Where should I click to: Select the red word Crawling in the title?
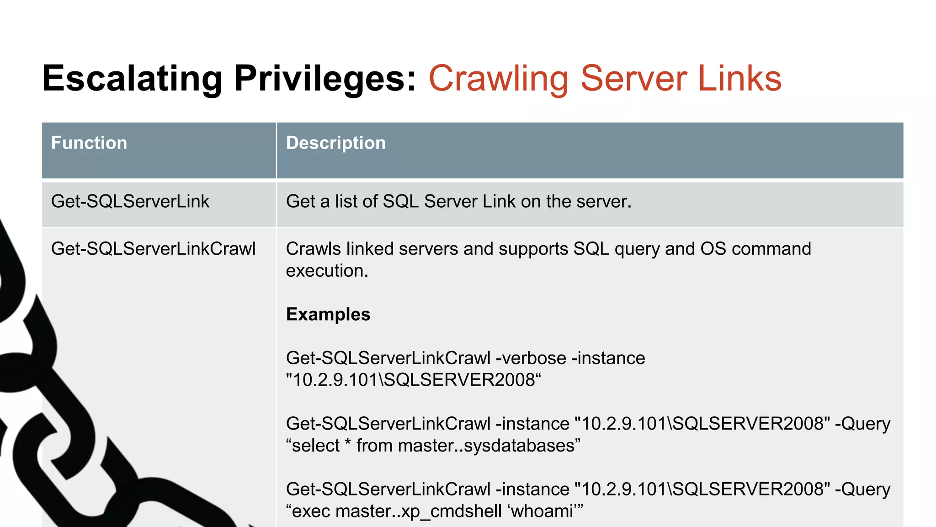[x=499, y=79]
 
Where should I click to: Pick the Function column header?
[x=89, y=143]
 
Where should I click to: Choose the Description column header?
[x=336, y=143]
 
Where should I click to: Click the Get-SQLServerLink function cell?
[x=130, y=201]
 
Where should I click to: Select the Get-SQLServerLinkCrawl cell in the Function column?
[x=154, y=249]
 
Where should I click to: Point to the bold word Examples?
[x=328, y=314]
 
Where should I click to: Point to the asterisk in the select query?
[x=348, y=444]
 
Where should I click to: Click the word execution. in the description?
[x=327, y=271]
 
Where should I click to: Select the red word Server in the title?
[x=633, y=79]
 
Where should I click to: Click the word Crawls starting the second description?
[x=314, y=249]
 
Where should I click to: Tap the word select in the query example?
[x=315, y=446]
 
